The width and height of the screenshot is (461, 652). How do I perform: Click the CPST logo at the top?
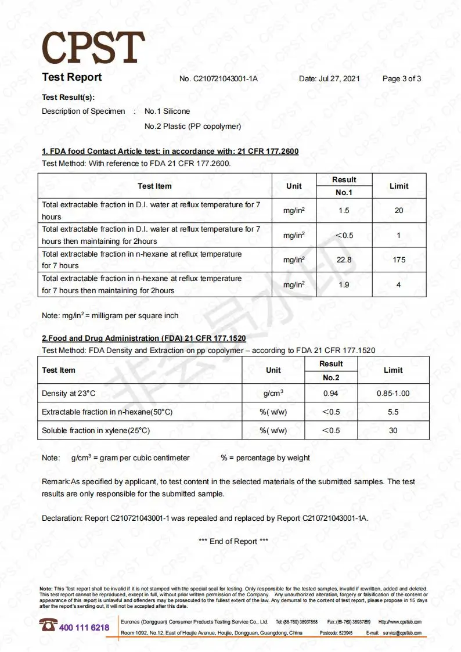[93, 48]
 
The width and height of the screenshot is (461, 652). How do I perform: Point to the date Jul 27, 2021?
[329, 79]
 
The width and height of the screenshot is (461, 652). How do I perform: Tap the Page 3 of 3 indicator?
[402, 79]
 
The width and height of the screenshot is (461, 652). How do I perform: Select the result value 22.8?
[344, 260]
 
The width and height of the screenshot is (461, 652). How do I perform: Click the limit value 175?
[399, 260]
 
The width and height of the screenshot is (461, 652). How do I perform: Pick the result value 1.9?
[344, 284]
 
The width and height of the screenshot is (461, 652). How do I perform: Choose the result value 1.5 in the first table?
[344, 211]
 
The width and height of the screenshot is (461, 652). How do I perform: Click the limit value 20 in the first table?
[399, 211]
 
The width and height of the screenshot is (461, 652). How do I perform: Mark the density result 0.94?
[331, 394]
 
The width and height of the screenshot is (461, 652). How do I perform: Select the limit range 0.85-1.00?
[393, 394]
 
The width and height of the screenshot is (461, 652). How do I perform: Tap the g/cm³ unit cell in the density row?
[273, 394]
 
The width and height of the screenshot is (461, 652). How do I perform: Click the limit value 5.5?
[393, 412]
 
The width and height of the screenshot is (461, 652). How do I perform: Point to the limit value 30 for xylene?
[393, 431]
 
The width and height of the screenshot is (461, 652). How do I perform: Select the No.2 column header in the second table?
[331, 377]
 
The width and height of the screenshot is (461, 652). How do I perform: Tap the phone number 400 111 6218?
[84, 628]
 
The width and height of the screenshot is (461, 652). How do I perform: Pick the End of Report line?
[233, 542]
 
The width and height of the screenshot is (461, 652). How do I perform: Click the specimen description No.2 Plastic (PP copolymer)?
[192, 126]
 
